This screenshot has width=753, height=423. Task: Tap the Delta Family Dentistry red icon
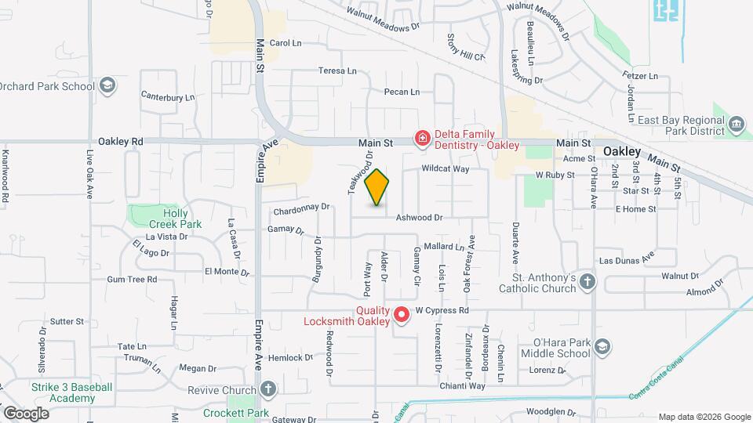pyautogui.click(x=423, y=139)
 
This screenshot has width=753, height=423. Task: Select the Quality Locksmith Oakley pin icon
pyautogui.click(x=402, y=315)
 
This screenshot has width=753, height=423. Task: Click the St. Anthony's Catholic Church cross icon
pyautogui.click(x=589, y=282)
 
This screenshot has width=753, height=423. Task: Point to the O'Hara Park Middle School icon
pyautogui.click(x=602, y=347)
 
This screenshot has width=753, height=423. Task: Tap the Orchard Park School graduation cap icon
pyautogui.click(x=107, y=85)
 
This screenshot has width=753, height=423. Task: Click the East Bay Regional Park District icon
pyautogui.click(x=737, y=125)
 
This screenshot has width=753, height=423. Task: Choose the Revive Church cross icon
pyautogui.click(x=268, y=389)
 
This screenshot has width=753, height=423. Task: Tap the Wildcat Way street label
pyautogui.click(x=445, y=168)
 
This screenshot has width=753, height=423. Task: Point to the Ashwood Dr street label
pyautogui.click(x=420, y=218)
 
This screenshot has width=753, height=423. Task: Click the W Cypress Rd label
pyautogui.click(x=442, y=310)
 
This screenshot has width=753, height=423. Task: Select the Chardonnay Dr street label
pyautogui.click(x=301, y=210)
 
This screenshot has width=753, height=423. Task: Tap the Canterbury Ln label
pyautogui.click(x=167, y=97)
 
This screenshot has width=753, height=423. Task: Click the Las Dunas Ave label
pyautogui.click(x=626, y=259)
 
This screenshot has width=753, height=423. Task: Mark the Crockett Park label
pyautogui.click(x=236, y=413)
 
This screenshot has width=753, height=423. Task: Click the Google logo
pyautogui.click(x=26, y=413)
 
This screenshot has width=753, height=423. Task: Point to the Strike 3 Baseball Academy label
pyautogui.click(x=71, y=392)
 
